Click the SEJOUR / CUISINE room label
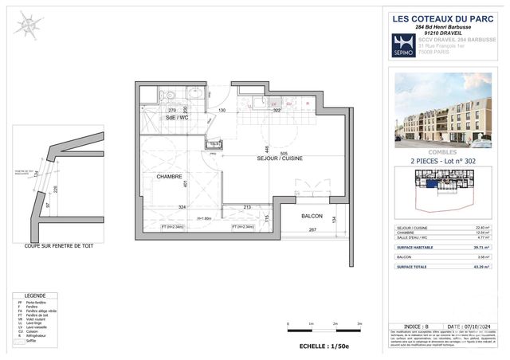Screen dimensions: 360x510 [283, 159]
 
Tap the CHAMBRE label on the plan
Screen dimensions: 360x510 [169, 177]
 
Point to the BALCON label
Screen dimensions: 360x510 [312, 216]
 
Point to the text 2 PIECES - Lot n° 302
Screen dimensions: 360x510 [443, 162]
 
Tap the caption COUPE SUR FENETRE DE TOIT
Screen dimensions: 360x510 [58, 246]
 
